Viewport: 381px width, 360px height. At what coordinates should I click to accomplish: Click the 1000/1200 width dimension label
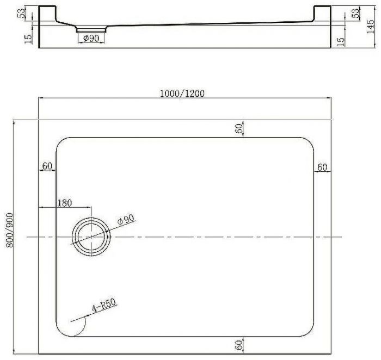coord(182,93)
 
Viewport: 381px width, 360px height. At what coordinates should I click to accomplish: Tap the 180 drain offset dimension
coord(64,203)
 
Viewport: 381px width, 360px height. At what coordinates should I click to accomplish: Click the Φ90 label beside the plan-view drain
coord(126,220)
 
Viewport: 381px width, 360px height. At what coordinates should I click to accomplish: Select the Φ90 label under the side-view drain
coord(90,38)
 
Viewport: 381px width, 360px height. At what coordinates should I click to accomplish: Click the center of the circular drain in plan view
coord(91,237)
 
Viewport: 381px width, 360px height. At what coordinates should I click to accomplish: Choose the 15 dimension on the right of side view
coord(340,41)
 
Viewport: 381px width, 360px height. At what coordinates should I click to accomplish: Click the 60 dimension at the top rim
coord(238,128)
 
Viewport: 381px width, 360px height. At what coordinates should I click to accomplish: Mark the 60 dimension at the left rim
coord(47,166)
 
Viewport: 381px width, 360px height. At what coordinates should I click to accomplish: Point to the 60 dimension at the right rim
coord(322,167)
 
